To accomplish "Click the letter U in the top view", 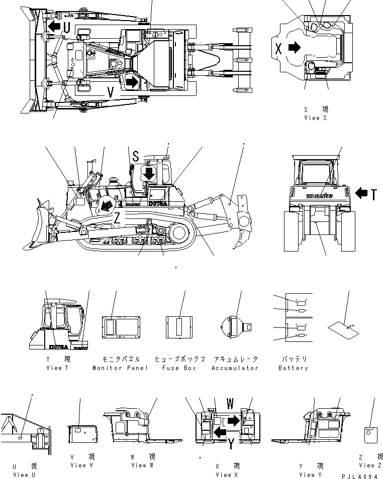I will pyautogui.click(x=66, y=28).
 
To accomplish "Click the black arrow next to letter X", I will pyautogui.click(x=295, y=48).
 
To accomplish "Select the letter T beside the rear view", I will pyautogui.click(x=373, y=194).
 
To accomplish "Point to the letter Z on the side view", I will pyautogui.click(x=117, y=217).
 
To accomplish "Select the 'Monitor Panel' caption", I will pyautogui.click(x=120, y=368).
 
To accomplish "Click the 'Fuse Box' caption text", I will pyautogui.click(x=179, y=368).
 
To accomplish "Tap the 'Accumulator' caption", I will pyautogui.click(x=235, y=368).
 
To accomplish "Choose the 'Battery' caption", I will pyautogui.click(x=293, y=368).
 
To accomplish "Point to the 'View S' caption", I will pyautogui.click(x=315, y=117).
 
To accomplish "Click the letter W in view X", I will pyautogui.click(x=230, y=403).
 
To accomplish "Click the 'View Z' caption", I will pyautogui.click(x=373, y=465).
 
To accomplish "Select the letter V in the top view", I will pyautogui.click(x=112, y=92).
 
